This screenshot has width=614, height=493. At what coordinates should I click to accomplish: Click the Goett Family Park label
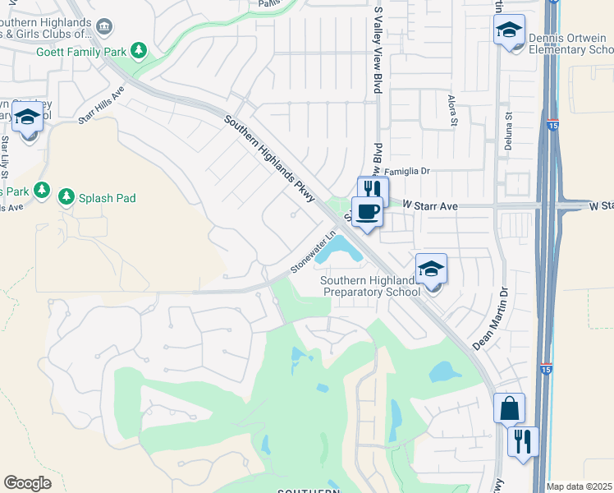click(81, 52)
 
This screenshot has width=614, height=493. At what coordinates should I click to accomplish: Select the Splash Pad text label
click(107, 198)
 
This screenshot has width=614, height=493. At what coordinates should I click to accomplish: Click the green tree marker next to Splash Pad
click(66, 196)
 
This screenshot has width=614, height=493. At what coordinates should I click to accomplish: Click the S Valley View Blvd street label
click(378, 49)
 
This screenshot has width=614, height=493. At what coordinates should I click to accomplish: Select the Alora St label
click(453, 111)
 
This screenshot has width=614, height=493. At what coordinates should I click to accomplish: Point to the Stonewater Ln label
click(313, 255)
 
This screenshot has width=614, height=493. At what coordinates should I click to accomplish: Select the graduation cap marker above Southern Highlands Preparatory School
click(431, 270)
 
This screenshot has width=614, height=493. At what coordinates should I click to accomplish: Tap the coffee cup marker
click(367, 211)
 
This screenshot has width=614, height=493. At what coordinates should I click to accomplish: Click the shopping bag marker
click(509, 408)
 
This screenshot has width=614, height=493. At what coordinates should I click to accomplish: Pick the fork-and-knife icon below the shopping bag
click(522, 442)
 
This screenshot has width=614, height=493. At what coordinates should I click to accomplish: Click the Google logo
click(27, 483)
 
